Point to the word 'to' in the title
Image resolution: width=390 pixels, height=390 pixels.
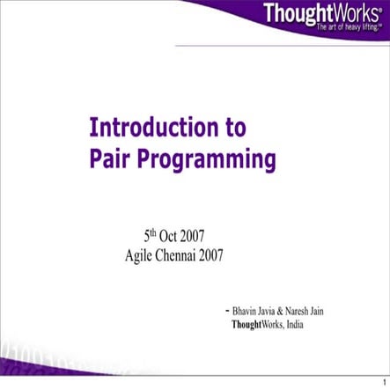(x=234, y=128)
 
